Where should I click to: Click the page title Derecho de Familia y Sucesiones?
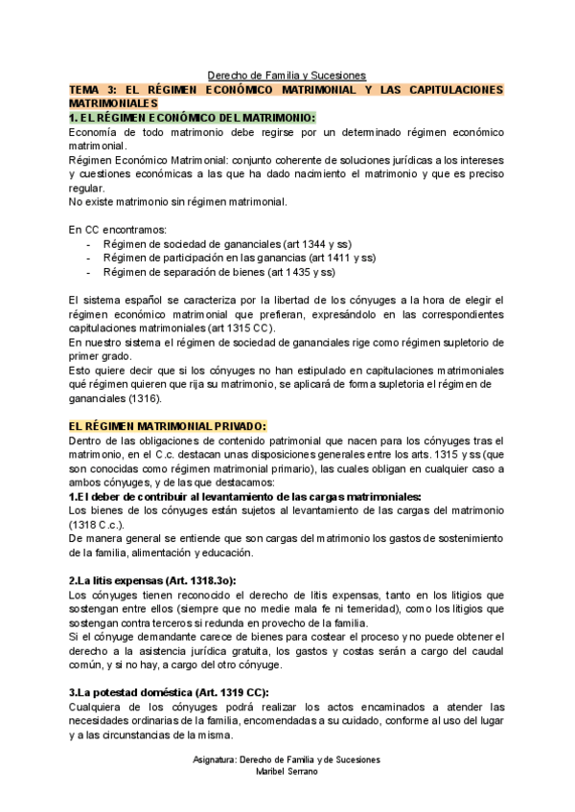click(x=287, y=76)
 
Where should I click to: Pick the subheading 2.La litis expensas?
click(x=152, y=580)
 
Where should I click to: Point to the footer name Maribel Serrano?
click(x=287, y=771)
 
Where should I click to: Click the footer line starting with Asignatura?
click(x=287, y=759)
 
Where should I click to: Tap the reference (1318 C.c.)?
click(x=98, y=526)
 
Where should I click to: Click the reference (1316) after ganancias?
click(x=144, y=397)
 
